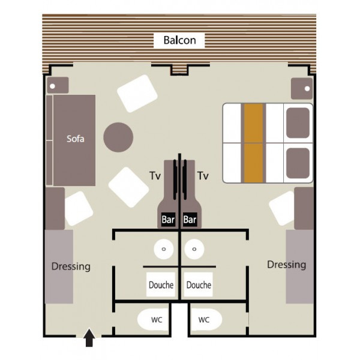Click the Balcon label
coord(179,40)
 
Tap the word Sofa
coord(76,139)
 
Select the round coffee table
coord(118,137)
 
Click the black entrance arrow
coord(89,337)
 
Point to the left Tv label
coord(155,176)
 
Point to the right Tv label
coord(203,176)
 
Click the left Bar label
coord(168,220)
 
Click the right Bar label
coord(190,220)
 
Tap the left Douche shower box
coord(161,284)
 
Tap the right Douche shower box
coord(199,284)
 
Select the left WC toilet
coord(153,320)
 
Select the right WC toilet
coord(206,320)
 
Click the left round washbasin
coord(164,249)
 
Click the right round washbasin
coord(194,249)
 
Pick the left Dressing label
coord(71,266)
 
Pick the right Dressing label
coord(287,265)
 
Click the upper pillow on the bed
coord(298,123)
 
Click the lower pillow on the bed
coord(298,163)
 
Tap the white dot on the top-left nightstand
coord(52,86)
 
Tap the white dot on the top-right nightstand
coord(307,89)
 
